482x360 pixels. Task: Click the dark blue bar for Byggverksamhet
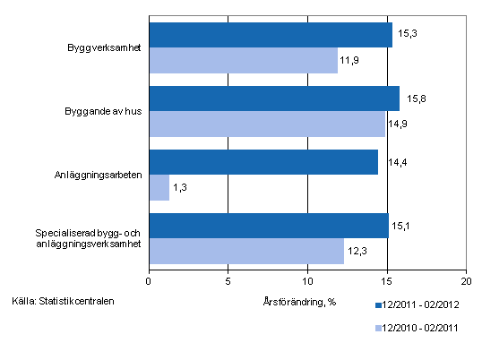point(270,34)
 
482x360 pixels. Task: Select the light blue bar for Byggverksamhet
point(243,60)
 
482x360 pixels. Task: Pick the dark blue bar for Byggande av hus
point(273,98)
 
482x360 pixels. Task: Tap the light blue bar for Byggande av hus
point(266,124)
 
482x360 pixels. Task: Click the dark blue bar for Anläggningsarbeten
point(263,162)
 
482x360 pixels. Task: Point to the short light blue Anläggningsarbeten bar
point(159,187)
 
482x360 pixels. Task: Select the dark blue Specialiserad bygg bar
point(268,226)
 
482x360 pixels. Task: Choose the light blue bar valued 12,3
point(245,252)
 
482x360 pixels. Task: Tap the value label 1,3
point(180,188)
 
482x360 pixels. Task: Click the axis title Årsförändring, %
point(301,301)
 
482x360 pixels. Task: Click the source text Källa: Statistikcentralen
point(64,299)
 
